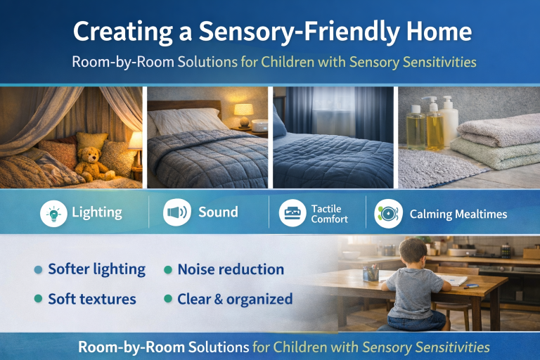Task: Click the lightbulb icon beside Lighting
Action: pyautogui.click(x=53, y=212)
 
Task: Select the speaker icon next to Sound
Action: pyautogui.click(x=176, y=212)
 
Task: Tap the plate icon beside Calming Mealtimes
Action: pyautogui.click(x=387, y=213)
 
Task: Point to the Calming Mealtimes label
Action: pyautogui.click(x=458, y=214)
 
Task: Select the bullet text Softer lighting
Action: pyautogui.click(x=96, y=269)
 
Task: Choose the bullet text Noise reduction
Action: pyautogui.click(x=231, y=269)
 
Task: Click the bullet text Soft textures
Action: pyautogui.click(x=91, y=299)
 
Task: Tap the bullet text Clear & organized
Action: pyautogui.click(x=235, y=299)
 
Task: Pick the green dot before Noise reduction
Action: pyautogui.click(x=168, y=270)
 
